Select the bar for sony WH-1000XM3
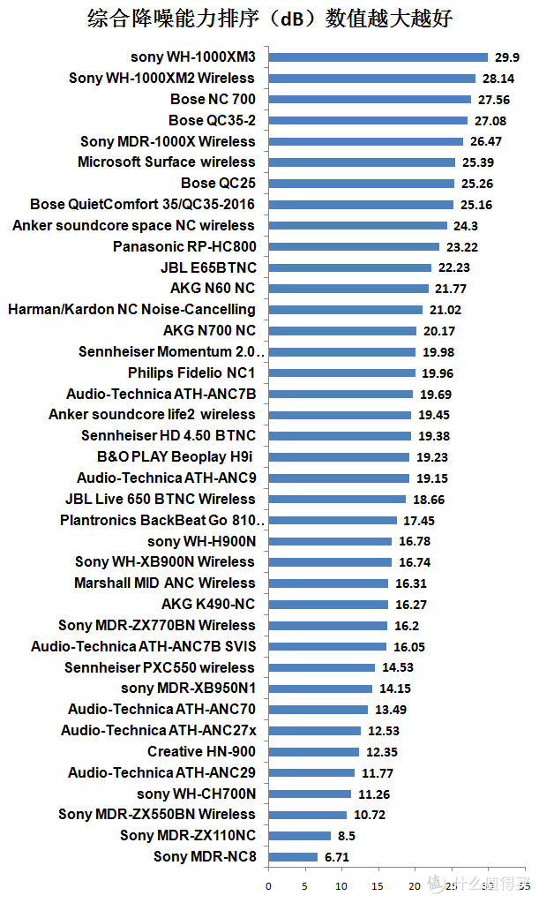pos(378,57)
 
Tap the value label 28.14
pos(498,79)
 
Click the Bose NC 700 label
pos(213,99)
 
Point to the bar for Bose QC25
pos(361,184)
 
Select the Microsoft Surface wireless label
pos(166,162)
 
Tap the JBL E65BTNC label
pos(207,267)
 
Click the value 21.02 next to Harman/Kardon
pos(445,310)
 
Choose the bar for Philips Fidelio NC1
pos(341,373)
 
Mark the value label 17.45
pos(417,521)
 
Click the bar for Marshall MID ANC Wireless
pos(328,583)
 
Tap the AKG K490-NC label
pos(208,605)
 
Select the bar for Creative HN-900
pos(313,752)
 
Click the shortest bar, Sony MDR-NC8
pos(293,857)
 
